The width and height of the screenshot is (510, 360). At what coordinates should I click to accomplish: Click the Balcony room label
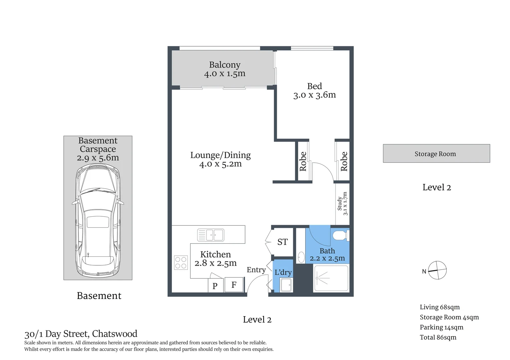coord(224,65)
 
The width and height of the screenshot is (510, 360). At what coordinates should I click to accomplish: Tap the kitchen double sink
coord(210,235)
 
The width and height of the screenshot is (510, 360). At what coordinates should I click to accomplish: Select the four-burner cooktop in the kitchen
coord(181,262)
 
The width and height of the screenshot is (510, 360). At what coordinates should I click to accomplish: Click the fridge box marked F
coord(234,285)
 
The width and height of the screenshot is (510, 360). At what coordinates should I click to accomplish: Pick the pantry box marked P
coord(215,286)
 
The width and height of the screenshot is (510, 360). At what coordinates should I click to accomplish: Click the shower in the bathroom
coord(331,278)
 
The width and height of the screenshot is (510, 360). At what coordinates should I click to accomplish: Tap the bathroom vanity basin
coord(301,257)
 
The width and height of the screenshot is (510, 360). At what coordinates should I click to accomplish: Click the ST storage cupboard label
coord(283,242)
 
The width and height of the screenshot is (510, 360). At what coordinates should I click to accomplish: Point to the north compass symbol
coord(437,270)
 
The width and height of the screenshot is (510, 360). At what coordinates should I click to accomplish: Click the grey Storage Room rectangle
coord(436,154)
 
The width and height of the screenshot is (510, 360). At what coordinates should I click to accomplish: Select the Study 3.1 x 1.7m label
coord(342,204)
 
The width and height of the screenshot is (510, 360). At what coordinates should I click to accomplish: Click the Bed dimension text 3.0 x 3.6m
coord(314,95)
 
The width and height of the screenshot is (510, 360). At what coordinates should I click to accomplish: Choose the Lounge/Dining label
coord(220,155)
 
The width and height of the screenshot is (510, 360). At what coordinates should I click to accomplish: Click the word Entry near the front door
coord(256,270)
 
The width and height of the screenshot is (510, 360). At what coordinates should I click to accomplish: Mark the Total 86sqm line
coord(438,337)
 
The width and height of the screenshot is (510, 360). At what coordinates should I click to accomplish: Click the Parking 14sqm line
coord(441,327)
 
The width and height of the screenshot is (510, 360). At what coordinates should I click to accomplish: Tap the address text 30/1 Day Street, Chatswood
coord(81,334)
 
